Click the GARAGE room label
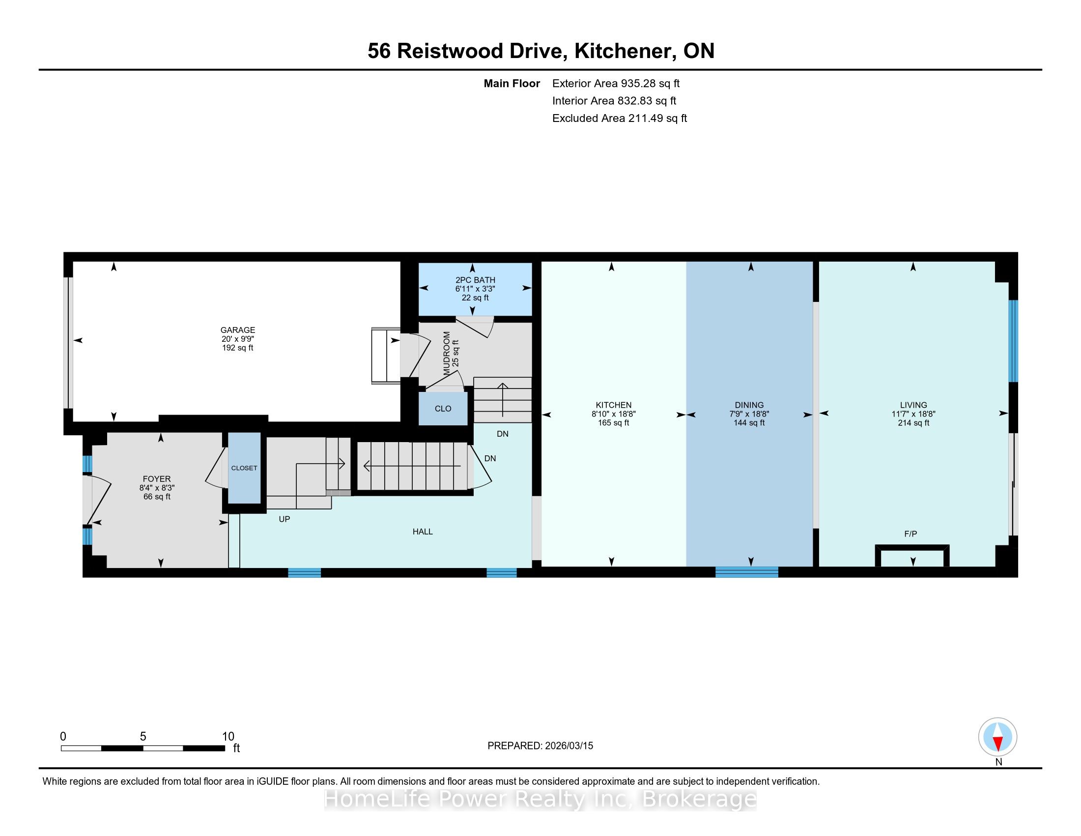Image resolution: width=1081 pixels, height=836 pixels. tap(238, 330)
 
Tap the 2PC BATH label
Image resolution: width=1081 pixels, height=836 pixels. tap(475, 280)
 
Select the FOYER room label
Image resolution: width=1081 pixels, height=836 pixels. tap(156, 479)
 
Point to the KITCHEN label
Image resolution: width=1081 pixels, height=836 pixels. tap(613, 405)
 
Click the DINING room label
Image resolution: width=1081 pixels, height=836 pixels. tap(749, 405)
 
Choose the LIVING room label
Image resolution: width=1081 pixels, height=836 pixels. tap(913, 405)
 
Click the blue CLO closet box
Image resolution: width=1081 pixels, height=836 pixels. tap(443, 409)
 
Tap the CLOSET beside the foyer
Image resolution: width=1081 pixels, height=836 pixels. tap(244, 468)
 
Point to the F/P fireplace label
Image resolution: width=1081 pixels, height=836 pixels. tap(910, 534)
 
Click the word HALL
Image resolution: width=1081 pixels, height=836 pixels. tap(423, 532)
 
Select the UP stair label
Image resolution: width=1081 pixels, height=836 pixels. tap(284, 519)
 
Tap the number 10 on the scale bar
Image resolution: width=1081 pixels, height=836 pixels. tap(228, 737)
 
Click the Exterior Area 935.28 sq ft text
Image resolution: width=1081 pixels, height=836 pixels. tap(616, 84)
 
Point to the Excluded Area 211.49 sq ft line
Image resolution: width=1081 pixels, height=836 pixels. tap(620, 119)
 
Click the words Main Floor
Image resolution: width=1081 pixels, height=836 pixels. tap(512, 84)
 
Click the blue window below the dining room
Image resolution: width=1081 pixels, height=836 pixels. tap(746, 572)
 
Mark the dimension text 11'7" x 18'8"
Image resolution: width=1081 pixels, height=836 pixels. tap(913, 414)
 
